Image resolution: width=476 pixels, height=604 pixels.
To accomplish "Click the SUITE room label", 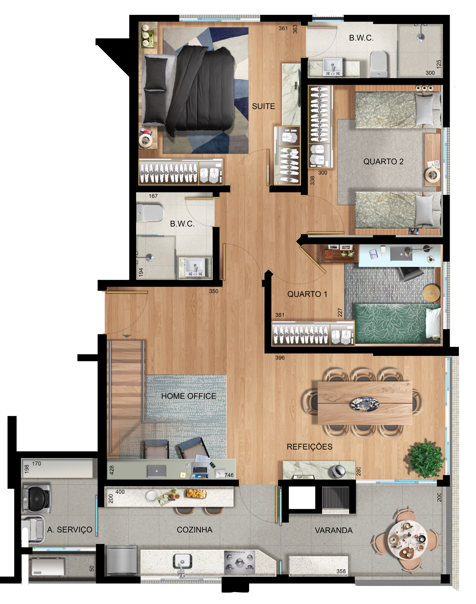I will (263, 106).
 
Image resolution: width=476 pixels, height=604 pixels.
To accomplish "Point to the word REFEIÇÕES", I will (309, 447).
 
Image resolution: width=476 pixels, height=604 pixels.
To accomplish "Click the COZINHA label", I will (195, 530).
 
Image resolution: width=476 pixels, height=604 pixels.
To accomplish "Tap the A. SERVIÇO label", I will (70, 530).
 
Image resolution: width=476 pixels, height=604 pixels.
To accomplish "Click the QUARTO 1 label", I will (307, 294).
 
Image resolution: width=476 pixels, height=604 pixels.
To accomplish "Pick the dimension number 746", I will (229, 475).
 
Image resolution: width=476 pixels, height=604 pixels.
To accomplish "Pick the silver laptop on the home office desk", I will (157, 471).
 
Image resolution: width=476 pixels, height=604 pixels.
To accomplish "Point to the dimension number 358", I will (341, 571).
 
